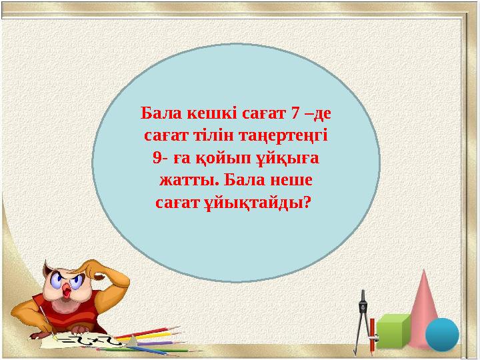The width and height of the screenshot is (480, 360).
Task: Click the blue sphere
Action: [442, 334]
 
